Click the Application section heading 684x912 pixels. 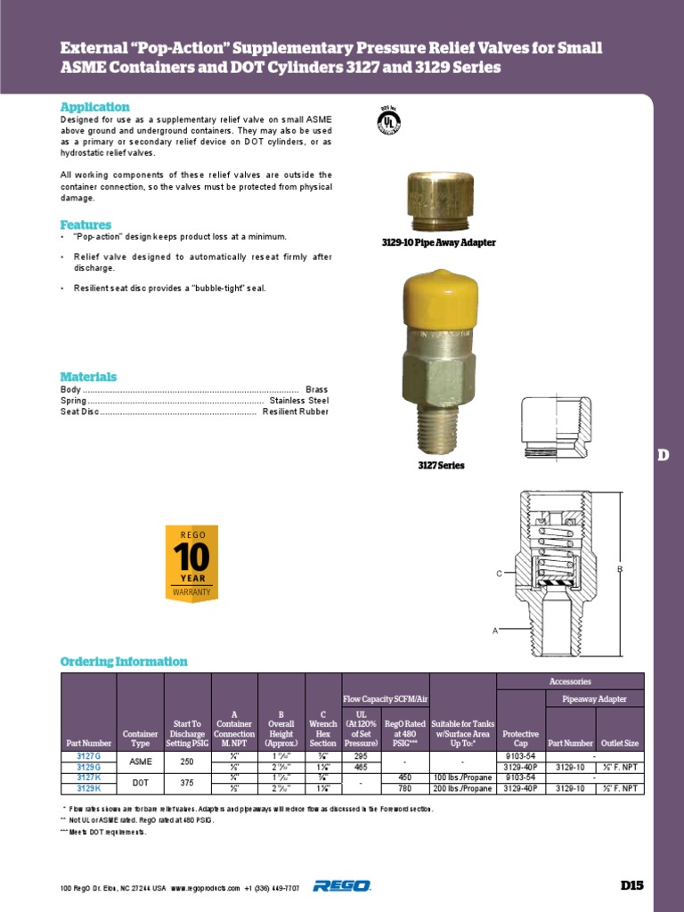click(94, 107)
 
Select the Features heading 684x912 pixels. click(85, 224)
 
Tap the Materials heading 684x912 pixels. click(88, 377)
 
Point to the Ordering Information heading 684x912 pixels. click(124, 662)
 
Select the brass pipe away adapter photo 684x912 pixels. click(433, 202)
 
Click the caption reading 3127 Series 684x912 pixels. click(441, 466)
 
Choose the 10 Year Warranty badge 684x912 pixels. click(192, 564)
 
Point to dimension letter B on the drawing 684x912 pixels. click(620, 567)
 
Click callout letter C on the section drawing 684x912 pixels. click(500, 574)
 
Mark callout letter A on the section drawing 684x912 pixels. click(494, 630)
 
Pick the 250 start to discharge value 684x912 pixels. click(187, 761)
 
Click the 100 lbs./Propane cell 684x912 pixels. click(462, 778)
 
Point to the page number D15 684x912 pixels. click(631, 885)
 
